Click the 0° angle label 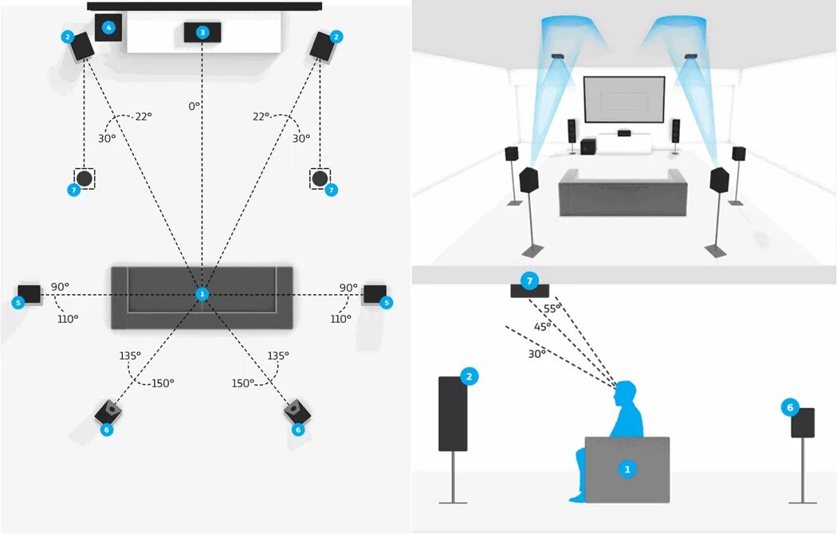click(x=194, y=106)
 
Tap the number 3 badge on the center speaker click(x=202, y=32)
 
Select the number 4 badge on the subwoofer click(x=109, y=28)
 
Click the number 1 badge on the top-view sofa click(x=202, y=294)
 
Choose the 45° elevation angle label click(x=542, y=327)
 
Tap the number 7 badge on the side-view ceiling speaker click(x=529, y=281)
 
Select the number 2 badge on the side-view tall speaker click(x=470, y=377)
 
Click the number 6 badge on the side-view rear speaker click(x=790, y=408)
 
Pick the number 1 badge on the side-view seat click(x=627, y=469)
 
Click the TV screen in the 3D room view click(x=624, y=100)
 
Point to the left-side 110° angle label click(x=68, y=320)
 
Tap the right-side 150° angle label click(x=242, y=383)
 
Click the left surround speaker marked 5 click(x=29, y=293)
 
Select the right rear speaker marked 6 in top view click(x=297, y=411)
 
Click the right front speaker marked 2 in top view click(x=322, y=47)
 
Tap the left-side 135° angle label click(x=129, y=356)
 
